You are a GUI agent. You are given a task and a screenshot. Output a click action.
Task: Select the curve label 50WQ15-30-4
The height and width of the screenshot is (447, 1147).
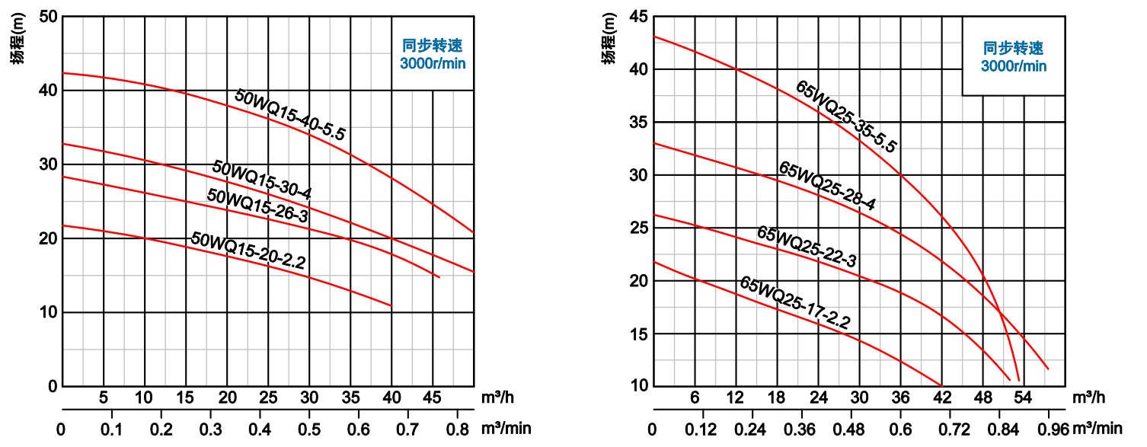[262, 180]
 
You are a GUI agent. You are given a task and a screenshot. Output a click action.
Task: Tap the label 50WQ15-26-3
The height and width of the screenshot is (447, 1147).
[257, 206]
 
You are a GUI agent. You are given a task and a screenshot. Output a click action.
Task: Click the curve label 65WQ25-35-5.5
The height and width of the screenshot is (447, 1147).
[846, 117]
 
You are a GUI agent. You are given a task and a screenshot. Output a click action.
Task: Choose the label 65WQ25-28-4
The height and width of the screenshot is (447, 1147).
[826, 186]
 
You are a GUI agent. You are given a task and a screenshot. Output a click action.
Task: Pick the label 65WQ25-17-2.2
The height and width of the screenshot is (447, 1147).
[795, 303]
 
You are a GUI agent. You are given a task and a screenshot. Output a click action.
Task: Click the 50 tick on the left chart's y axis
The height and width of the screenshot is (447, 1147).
[48, 17]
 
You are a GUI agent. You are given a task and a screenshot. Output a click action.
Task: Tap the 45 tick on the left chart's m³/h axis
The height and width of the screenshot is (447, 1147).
[433, 398]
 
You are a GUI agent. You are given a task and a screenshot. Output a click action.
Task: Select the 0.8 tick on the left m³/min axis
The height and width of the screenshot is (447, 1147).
[457, 429]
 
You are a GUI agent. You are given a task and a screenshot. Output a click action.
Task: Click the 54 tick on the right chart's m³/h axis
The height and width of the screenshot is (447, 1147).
[1023, 398]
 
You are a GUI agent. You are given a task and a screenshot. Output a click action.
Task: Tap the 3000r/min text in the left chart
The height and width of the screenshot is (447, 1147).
[433, 64]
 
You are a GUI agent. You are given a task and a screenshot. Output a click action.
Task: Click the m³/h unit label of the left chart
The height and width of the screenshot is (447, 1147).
[499, 398]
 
